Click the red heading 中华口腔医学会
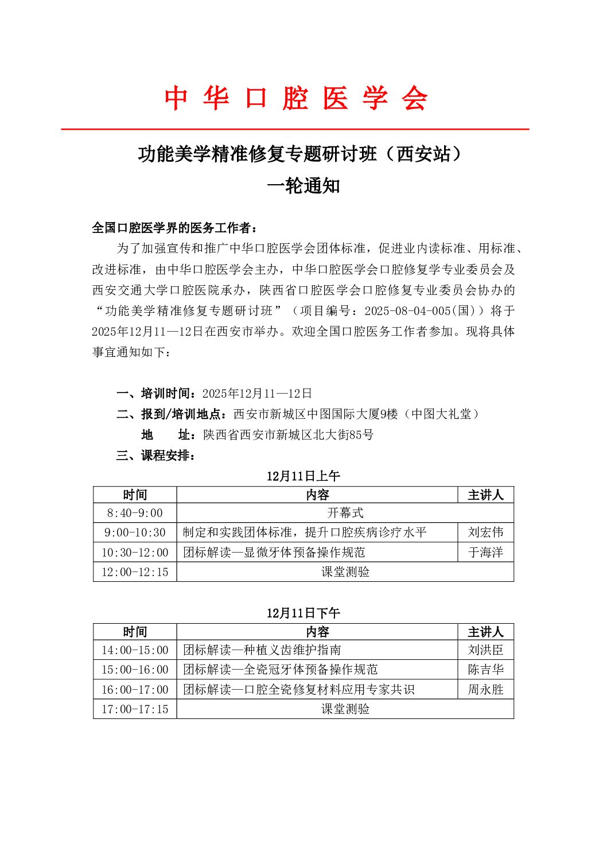coord(296,98)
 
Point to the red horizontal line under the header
coord(295,130)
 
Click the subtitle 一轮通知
coord(303,186)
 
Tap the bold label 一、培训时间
coord(153,394)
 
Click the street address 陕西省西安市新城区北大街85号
coord(288,435)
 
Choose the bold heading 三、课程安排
coord(156,456)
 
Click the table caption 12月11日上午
coord(303,476)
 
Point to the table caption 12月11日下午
coord(303,613)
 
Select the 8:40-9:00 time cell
coord(135,513)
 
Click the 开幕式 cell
coord(345,513)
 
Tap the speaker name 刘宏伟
coord(485,532)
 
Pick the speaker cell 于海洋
coord(485,553)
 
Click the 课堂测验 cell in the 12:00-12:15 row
coord(345,572)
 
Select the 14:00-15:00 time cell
coord(135,650)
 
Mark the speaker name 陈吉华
coord(485,670)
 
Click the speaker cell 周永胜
coord(485,690)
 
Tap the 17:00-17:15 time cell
coord(135,709)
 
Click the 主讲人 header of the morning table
coord(485,495)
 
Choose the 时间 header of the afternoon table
coord(135,632)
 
